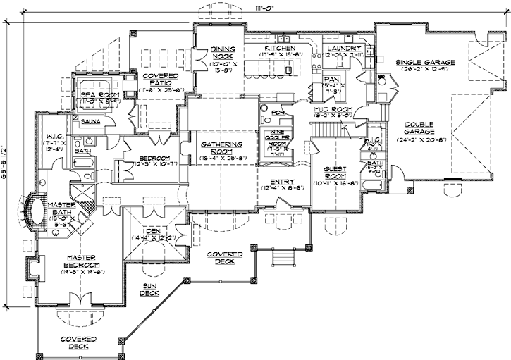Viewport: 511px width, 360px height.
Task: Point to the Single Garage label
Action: click(x=425, y=62)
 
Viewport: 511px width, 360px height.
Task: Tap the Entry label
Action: click(x=282, y=181)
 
